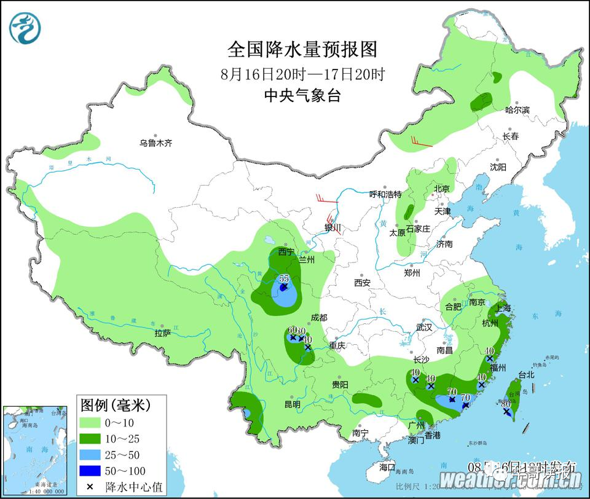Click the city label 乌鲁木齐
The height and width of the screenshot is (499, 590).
155,143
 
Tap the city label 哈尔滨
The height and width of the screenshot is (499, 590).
517,110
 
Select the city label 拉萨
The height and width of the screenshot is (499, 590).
162,333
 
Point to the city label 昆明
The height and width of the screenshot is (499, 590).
292,404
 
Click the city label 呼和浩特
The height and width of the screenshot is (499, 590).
385,194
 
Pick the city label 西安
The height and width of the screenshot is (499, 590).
362,283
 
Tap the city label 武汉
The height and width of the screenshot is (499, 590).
424,327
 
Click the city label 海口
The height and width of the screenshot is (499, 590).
387,468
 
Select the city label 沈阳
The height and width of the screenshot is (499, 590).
498,167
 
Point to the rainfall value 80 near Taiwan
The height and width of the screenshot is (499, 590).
506,404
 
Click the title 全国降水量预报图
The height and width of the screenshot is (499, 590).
302,49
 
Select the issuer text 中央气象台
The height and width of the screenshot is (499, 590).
302,95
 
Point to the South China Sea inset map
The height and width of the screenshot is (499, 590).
35,450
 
